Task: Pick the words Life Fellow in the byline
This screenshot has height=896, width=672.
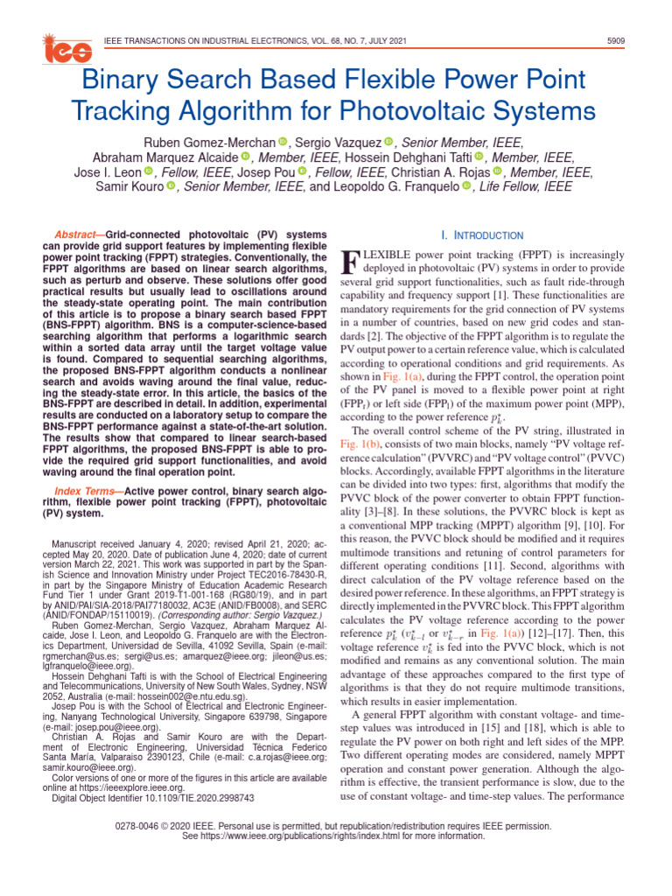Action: (x=506, y=186)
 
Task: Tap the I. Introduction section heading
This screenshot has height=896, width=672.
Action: (x=482, y=235)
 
